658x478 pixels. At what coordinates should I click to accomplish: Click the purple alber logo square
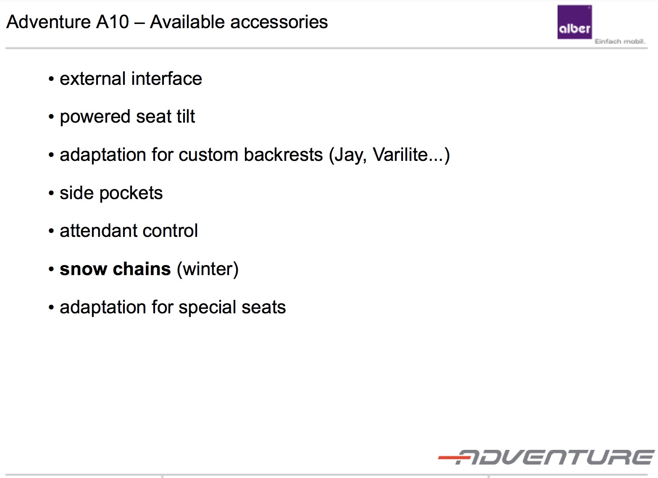[x=574, y=22]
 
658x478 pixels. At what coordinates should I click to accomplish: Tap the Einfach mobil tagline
[x=620, y=42]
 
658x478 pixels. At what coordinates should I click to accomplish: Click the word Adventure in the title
[x=48, y=22]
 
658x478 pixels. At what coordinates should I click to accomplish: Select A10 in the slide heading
[x=113, y=22]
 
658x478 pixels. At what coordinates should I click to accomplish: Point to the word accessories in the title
[x=279, y=22]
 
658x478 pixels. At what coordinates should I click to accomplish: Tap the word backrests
[x=283, y=155]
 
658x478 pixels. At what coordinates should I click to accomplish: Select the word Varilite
[x=400, y=155]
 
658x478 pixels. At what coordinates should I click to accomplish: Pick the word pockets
[x=131, y=194]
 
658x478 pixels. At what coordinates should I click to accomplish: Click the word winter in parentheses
[x=208, y=269]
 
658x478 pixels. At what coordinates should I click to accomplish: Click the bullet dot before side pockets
[x=51, y=193]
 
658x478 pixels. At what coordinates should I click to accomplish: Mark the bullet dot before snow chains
[x=51, y=269]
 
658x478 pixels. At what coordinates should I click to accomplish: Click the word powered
[x=95, y=117]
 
